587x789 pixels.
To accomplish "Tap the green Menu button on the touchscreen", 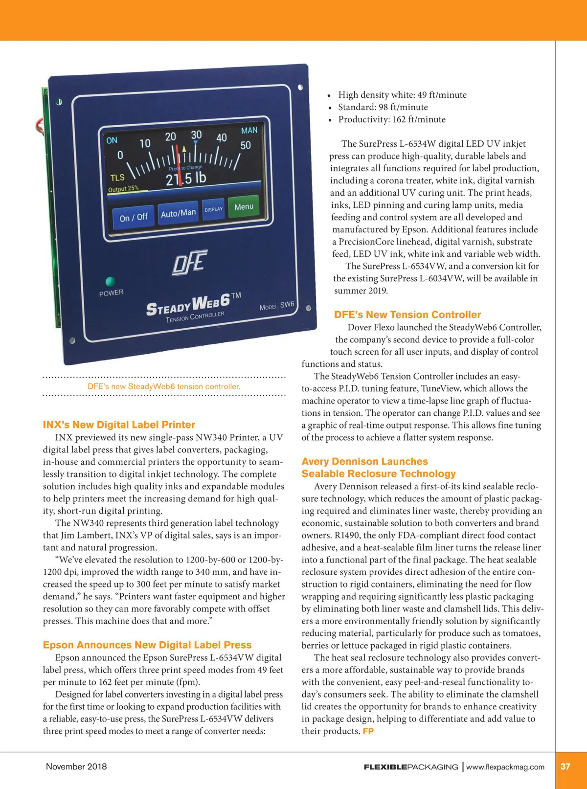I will (x=244, y=207).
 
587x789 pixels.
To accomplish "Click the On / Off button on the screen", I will (x=134, y=217).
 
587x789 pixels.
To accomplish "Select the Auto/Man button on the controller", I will (x=178, y=213).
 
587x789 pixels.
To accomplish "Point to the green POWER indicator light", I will (x=110, y=281).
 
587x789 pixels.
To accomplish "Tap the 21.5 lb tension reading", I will (x=186, y=179).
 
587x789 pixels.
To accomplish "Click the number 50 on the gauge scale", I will (x=246, y=145).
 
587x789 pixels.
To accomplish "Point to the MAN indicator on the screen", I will (x=249, y=131).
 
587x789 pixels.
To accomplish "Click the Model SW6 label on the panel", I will (x=277, y=306).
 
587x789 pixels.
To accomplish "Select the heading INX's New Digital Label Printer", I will (x=119, y=425).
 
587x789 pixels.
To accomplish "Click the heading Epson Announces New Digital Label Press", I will (x=147, y=645).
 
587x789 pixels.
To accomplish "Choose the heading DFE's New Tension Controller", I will (x=407, y=315).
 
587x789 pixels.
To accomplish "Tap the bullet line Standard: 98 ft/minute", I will (x=383, y=107).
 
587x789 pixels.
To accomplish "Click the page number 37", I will (x=565, y=766).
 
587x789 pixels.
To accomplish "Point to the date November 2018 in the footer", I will (x=76, y=766).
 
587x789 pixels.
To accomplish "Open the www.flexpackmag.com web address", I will (x=505, y=767).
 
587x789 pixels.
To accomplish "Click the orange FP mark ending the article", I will (x=368, y=731).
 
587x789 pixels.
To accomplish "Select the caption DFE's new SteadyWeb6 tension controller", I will (x=164, y=386).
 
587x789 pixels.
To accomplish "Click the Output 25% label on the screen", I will (x=123, y=189).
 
